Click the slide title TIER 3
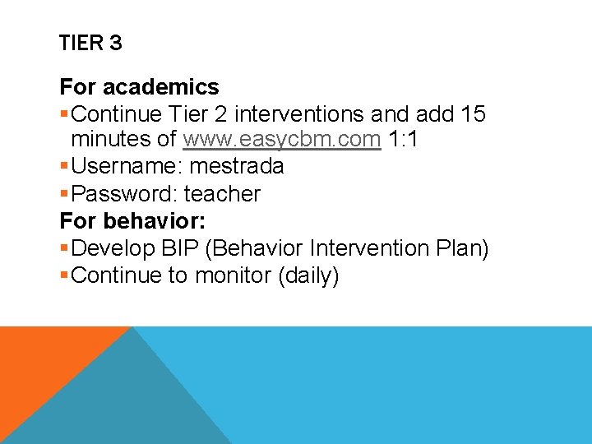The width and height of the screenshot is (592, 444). coord(90,43)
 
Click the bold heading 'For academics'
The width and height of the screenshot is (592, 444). coord(139,86)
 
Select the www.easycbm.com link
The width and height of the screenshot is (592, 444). coord(282,140)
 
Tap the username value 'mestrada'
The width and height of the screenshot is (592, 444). coord(237,166)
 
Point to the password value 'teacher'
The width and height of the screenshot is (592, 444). coord(222,194)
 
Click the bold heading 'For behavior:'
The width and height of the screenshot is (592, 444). coord(133,221)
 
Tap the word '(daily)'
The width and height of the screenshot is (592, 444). coord(308,275)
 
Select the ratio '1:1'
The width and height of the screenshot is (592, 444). coord(404,140)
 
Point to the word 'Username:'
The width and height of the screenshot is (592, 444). coord(127,166)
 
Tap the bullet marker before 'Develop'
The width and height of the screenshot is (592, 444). coord(64,248)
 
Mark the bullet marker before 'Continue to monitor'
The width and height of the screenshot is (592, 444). coord(64,275)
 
